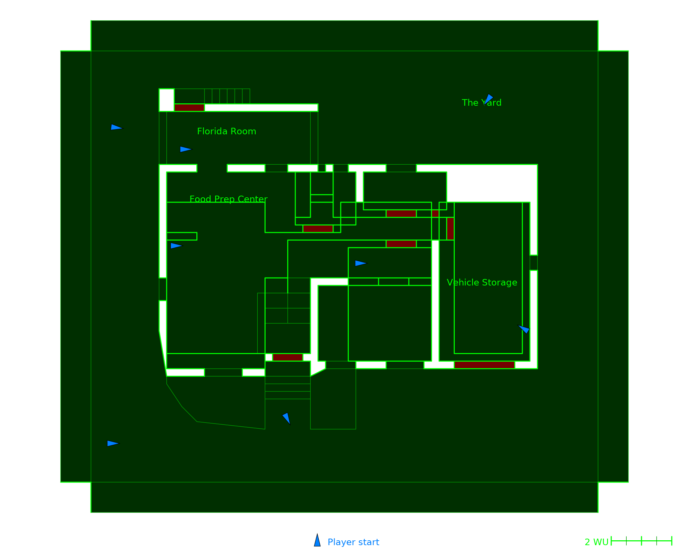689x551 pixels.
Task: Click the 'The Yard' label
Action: click(481, 103)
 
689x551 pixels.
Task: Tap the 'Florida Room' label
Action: click(226, 131)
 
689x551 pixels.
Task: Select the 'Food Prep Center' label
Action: click(228, 199)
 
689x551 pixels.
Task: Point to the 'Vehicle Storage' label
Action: click(482, 282)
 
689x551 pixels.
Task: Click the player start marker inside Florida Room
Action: click(185, 149)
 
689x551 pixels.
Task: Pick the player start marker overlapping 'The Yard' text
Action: click(488, 99)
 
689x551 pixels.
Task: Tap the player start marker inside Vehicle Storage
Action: click(524, 329)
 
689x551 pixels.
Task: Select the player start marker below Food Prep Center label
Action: click(176, 246)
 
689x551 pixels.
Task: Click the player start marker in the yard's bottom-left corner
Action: click(112, 443)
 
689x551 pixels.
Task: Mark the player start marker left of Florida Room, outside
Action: click(116, 127)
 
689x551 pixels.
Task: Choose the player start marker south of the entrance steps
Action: click(286, 418)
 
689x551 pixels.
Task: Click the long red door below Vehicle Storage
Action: click(484, 365)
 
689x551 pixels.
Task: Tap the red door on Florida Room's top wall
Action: click(189, 107)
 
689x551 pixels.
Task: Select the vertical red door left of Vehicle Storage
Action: click(450, 229)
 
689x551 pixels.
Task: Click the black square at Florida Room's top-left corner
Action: click(166, 100)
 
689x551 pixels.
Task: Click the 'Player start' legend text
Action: click(353, 542)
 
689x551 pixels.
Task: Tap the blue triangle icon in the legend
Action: click(317, 541)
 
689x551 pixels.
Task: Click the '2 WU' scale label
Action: click(596, 542)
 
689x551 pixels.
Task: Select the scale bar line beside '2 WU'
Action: click(641, 541)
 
